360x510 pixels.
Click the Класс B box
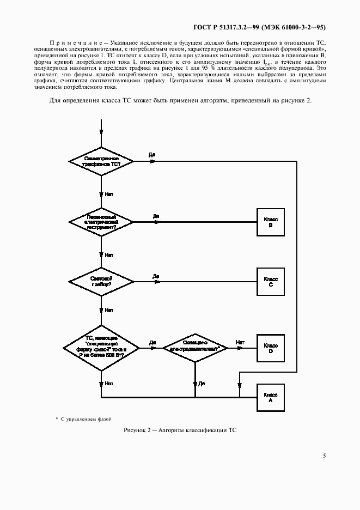[x=271, y=222]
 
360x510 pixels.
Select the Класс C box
[x=271, y=282]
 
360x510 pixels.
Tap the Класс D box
[x=271, y=348]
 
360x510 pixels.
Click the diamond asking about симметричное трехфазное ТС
[x=101, y=161]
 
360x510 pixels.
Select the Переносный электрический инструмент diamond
[x=101, y=221]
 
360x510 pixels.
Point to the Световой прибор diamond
[x=101, y=282]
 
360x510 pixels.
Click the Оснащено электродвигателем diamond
[x=195, y=347]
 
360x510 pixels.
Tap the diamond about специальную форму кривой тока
[x=101, y=347]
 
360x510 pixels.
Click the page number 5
[x=324, y=455]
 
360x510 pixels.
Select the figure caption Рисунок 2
[x=180, y=430]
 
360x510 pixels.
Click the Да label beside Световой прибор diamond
[x=156, y=276]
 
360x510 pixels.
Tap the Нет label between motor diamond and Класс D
[x=240, y=342]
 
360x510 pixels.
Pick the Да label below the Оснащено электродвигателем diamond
[x=202, y=384]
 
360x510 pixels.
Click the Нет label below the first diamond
[x=109, y=194]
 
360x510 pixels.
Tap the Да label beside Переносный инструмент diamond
[x=156, y=216]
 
